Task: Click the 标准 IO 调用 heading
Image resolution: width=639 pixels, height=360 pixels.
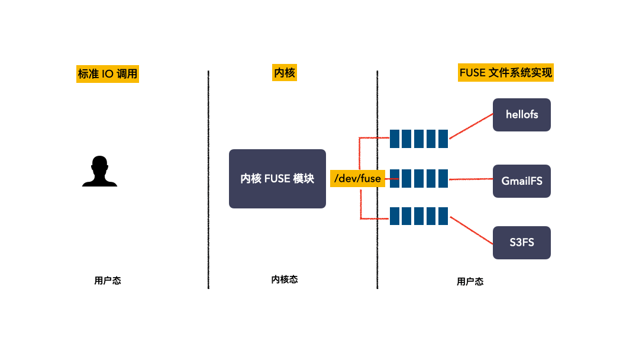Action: coord(108,74)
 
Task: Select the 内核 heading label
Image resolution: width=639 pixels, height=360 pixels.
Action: coord(284,73)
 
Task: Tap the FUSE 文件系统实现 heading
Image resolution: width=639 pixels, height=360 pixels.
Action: coord(505,73)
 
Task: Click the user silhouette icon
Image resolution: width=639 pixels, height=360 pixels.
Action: coord(99,171)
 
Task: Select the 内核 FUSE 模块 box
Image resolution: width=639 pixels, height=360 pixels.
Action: coord(277,178)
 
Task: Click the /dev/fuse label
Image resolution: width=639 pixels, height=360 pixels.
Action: coord(357,178)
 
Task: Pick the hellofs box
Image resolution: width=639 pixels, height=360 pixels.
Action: coord(522,114)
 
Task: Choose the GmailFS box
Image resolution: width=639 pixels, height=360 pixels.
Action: coord(522,181)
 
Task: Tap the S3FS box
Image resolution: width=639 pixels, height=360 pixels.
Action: coord(522,242)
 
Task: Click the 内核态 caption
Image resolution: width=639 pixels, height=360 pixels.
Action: coord(284,279)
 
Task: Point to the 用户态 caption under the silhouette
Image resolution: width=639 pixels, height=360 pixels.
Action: coord(108,281)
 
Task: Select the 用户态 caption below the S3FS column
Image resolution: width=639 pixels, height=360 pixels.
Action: coord(470,282)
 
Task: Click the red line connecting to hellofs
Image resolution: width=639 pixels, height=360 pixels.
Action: coord(471,127)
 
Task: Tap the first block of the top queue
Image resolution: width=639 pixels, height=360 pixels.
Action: coord(395,139)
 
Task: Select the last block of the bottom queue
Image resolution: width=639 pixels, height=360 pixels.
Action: coord(443,216)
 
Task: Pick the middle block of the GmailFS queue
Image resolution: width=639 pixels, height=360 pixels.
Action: coord(419,178)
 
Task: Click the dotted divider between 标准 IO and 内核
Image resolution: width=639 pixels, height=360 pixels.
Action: coord(208,178)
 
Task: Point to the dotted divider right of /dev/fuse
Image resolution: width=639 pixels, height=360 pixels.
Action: coord(377,249)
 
